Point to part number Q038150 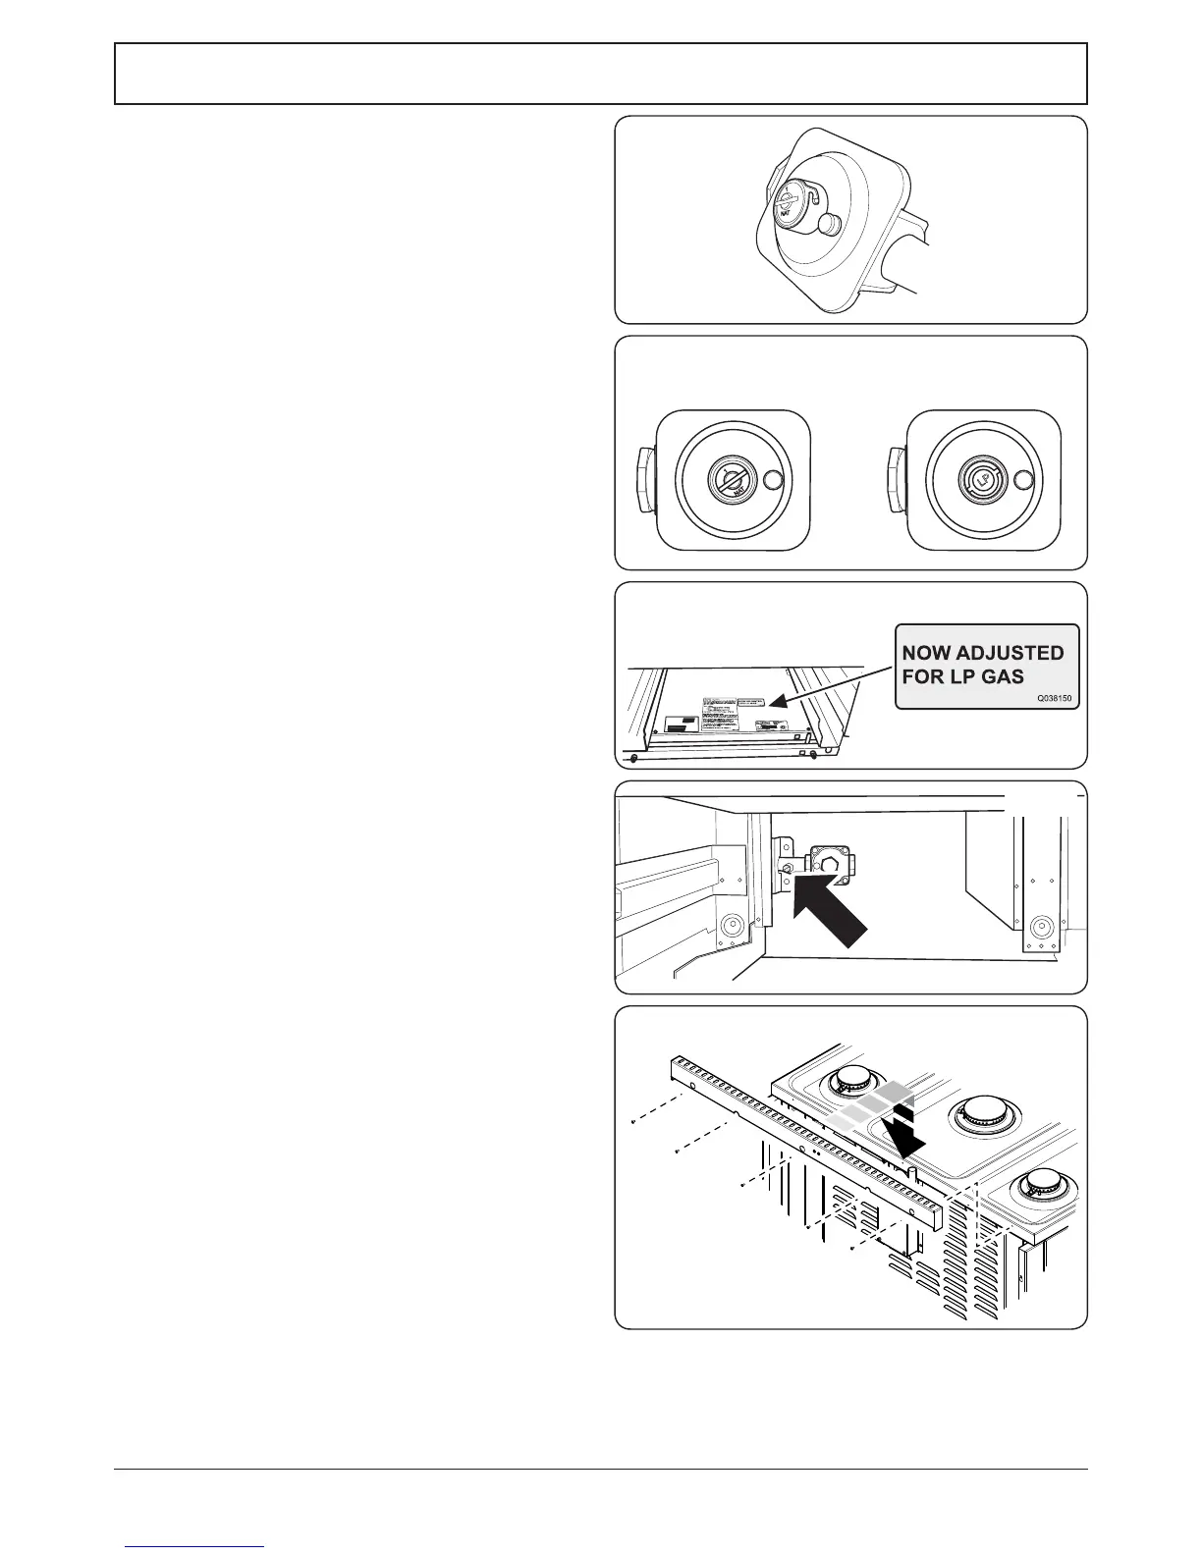pos(1057,699)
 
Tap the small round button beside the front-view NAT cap pos(773,480)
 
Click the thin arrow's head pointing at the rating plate pos(773,702)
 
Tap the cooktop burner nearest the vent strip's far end pos(848,1084)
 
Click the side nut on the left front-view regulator pos(645,480)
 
